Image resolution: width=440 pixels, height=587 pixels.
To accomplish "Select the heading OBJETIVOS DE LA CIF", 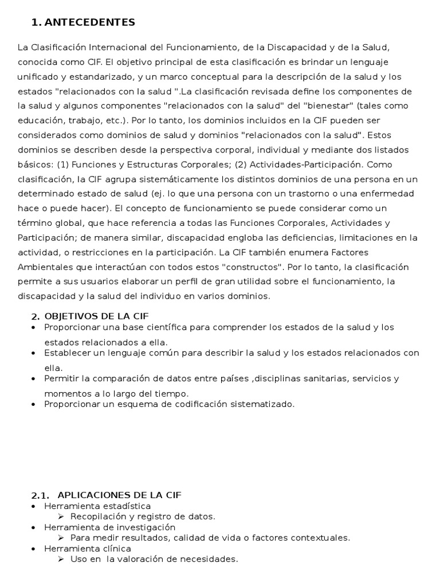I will pyautogui.click(x=96, y=316).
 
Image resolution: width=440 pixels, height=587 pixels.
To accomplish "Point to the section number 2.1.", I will pyautogui.click(x=40, y=495).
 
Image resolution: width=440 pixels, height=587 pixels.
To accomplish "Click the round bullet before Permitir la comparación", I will pyautogui.click(x=33, y=378).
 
